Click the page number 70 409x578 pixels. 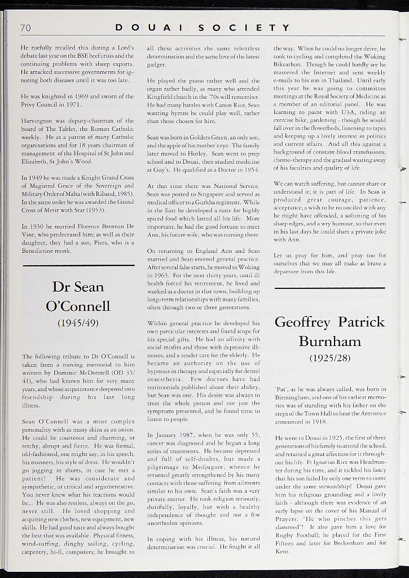tap(25, 28)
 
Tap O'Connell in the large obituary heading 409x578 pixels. tap(78, 306)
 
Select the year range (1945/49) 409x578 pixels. tap(78, 323)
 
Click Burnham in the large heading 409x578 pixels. tap(329, 341)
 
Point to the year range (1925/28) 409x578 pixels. tap(329, 358)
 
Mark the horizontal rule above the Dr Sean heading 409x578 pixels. tap(78, 265)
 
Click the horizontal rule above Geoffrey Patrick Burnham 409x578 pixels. tap(329, 288)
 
